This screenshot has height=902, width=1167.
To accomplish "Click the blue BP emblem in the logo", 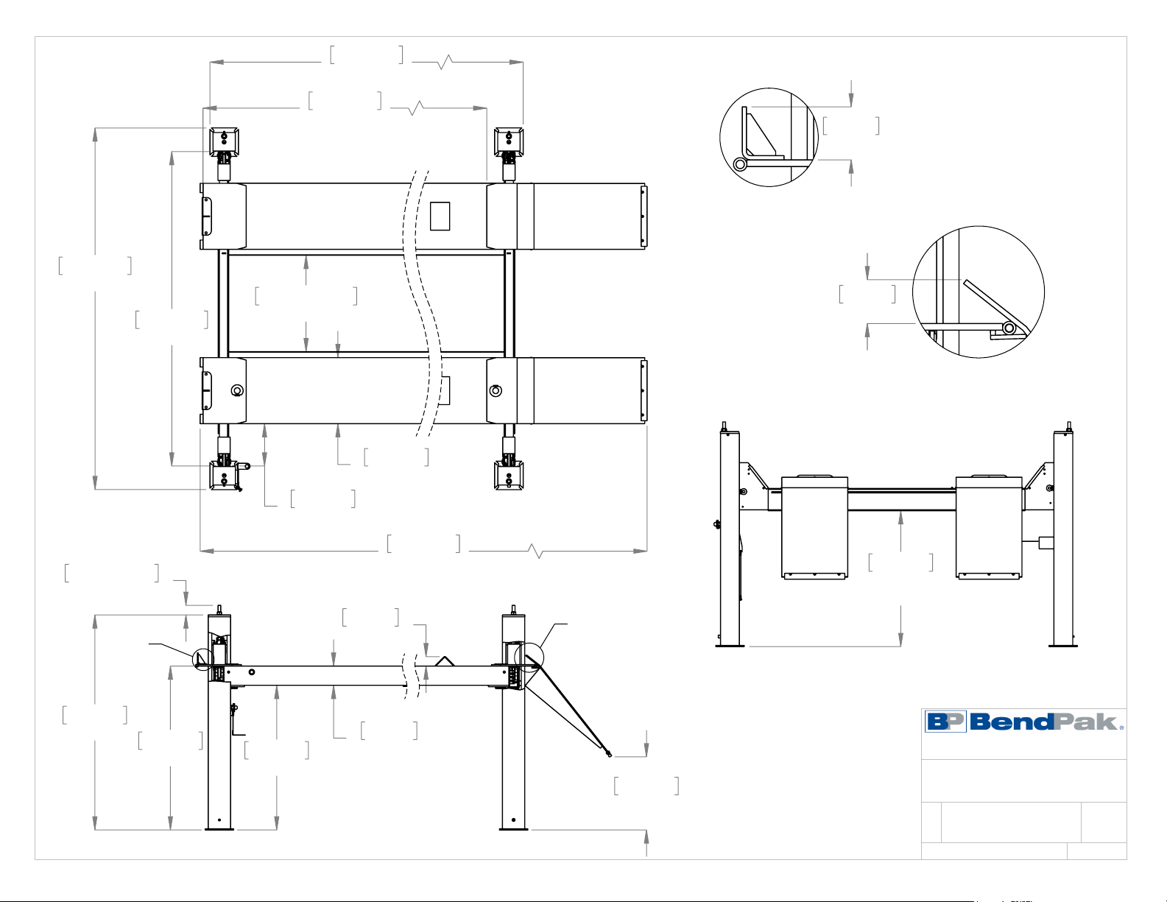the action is [x=945, y=721].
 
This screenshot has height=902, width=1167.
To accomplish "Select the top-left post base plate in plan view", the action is [x=224, y=141].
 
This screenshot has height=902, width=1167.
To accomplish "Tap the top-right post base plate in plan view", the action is [x=509, y=141].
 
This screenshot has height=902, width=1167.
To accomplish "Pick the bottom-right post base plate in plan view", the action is [x=509, y=475].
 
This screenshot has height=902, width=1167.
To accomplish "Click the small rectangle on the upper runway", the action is [x=440, y=216].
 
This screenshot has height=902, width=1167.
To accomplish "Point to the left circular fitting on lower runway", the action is [x=237, y=390].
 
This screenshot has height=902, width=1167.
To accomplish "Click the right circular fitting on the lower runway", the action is [x=496, y=390].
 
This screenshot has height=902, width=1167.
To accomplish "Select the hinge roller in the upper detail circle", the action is [x=740, y=164].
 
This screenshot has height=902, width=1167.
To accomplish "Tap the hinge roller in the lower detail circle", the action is [x=1009, y=328].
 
